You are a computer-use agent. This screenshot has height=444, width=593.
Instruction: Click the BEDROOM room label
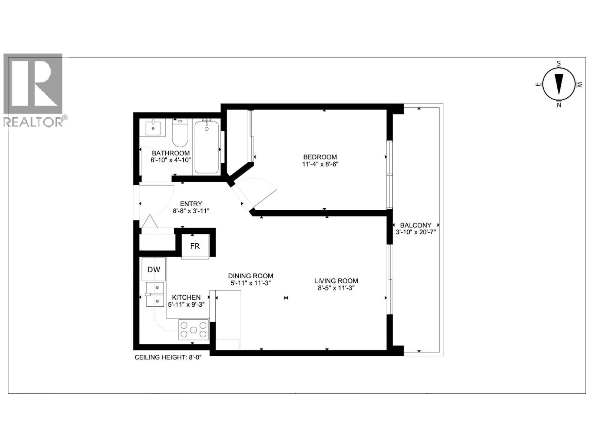pos(320,157)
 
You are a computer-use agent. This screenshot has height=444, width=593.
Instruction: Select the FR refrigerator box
pos(195,246)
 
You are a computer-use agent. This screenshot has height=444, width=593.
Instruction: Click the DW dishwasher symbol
pos(154,269)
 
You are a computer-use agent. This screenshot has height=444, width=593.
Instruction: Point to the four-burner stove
pos(193,329)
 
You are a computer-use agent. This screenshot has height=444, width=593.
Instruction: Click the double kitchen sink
pos(155,295)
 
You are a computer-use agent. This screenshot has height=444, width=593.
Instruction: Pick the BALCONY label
pos(415,225)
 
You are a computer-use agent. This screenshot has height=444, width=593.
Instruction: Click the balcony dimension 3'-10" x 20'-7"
pos(415,232)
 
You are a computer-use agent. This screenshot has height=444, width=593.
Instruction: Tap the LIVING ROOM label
pos(336,281)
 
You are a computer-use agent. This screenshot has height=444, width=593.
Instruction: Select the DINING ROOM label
pos(251,276)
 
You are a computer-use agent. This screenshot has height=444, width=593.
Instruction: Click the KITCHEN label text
pos(186,297)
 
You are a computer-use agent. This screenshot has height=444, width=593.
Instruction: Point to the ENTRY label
pos(191,204)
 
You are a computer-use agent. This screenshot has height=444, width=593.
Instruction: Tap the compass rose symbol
pos(559,84)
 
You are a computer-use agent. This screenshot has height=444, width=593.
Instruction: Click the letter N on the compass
pos(559,105)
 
